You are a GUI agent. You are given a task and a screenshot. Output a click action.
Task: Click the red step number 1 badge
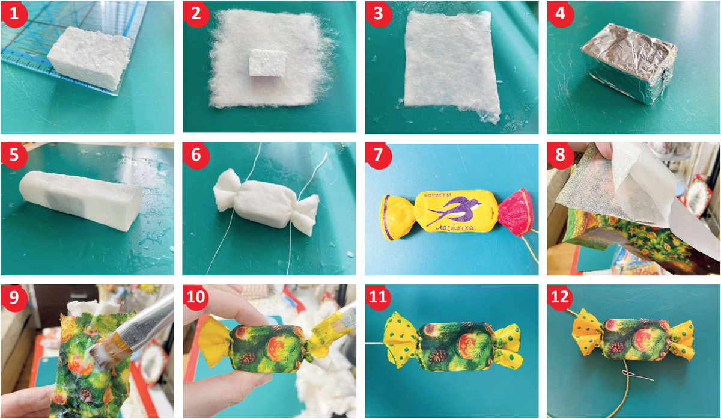click(x=14, y=14)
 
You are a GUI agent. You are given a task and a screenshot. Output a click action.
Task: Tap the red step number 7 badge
click(x=378, y=156)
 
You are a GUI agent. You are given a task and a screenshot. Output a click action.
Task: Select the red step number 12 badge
click(x=561, y=297)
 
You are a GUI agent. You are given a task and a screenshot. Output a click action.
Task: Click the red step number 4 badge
click(x=561, y=14)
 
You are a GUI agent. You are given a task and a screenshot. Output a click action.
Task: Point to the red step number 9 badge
click(x=14, y=297)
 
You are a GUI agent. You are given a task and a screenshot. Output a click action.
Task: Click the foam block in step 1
click(x=89, y=57)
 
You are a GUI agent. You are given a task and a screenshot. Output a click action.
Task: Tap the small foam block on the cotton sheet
click(x=267, y=63)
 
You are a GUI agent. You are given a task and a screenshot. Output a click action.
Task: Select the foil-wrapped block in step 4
click(x=628, y=63)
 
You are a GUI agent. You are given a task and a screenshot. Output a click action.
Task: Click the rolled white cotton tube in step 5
click(x=81, y=200)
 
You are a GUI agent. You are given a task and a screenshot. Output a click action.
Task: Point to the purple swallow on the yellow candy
click(x=454, y=211)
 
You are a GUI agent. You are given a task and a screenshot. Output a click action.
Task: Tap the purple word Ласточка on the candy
click(x=454, y=228)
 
